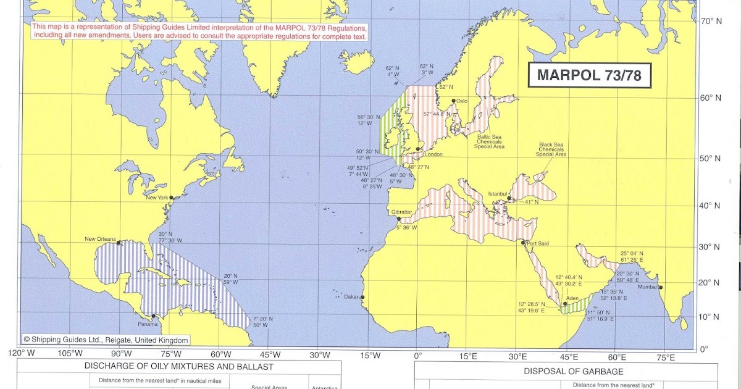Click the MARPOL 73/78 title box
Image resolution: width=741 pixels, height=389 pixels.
tap(590, 75)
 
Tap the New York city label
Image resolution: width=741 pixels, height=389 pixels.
tap(157, 198)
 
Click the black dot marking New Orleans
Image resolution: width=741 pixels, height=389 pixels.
tap(119, 243)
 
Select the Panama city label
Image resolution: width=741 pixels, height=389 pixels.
tap(147, 324)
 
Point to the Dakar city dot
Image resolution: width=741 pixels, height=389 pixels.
tap(362, 297)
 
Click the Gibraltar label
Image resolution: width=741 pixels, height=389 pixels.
tap(403, 212)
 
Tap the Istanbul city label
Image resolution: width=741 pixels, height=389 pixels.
tap(500, 193)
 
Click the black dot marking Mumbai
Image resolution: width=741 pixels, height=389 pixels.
tap(661, 287)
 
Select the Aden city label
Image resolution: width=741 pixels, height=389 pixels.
tap(572, 299)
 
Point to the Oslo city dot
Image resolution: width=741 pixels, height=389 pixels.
tap(454, 101)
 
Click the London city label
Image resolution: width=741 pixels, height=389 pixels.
tap(433, 154)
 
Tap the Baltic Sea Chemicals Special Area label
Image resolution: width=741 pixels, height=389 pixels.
tap(490, 142)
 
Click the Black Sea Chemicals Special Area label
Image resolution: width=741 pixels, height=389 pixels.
tap(551, 149)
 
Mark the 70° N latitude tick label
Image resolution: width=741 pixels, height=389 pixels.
tap(711, 21)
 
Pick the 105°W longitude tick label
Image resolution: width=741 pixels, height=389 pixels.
tap(70, 354)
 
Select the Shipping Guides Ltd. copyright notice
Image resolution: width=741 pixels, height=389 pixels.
tap(106, 340)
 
